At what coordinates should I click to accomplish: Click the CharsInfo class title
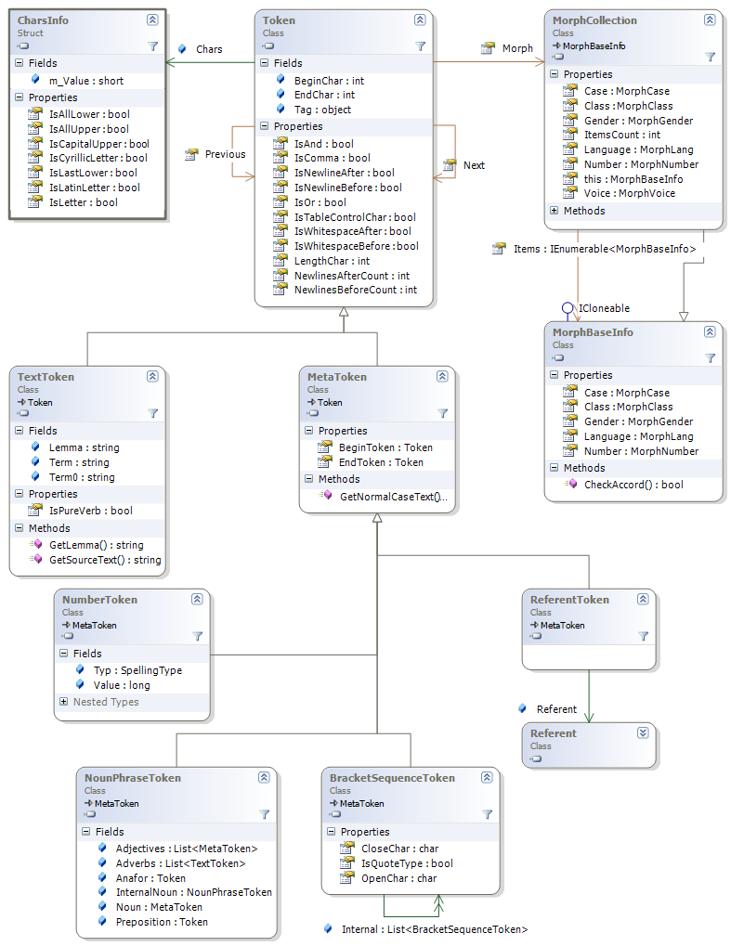pyautogui.click(x=43, y=19)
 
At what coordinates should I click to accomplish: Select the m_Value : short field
pyautogui.click(x=85, y=81)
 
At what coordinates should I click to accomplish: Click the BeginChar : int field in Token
pyautogui.click(x=329, y=81)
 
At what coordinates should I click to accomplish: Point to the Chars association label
pyautogui.click(x=209, y=49)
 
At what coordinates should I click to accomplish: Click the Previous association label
pyautogui.click(x=225, y=154)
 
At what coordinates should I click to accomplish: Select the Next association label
pyautogui.click(x=474, y=165)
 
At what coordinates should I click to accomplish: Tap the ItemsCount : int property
pyautogui.click(x=622, y=135)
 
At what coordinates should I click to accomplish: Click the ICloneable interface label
pyautogui.click(x=604, y=307)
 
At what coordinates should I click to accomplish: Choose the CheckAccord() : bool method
pyautogui.click(x=633, y=485)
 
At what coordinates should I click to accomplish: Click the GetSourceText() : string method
pyautogui.click(x=104, y=560)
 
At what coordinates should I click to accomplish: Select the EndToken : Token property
pyautogui.click(x=381, y=462)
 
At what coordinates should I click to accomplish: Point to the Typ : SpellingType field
pyautogui.click(x=137, y=670)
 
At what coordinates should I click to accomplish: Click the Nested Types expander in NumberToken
pyautogui.click(x=63, y=702)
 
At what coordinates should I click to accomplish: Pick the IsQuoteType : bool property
pyautogui.click(x=407, y=863)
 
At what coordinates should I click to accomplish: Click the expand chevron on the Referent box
pyautogui.click(x=643, y=732)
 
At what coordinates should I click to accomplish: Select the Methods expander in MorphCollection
pyautogui.click(x=555, y=211)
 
